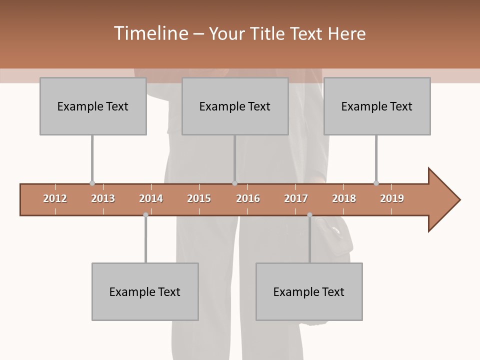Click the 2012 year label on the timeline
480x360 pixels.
55,198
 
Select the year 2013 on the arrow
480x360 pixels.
103,198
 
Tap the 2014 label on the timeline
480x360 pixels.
151,198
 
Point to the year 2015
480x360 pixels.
199,198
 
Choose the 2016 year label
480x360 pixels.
248,198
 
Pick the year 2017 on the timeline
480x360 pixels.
296,198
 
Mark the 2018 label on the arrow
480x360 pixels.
344,198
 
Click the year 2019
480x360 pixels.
392,198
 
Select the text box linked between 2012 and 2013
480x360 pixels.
93,106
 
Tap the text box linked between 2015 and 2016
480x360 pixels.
235,106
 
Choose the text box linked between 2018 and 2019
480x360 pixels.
377,106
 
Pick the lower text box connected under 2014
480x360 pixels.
145,291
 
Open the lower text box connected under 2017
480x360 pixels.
309,291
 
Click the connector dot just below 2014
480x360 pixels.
145,215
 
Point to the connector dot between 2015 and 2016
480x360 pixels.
234,183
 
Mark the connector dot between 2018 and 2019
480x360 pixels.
376,183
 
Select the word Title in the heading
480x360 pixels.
268,33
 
